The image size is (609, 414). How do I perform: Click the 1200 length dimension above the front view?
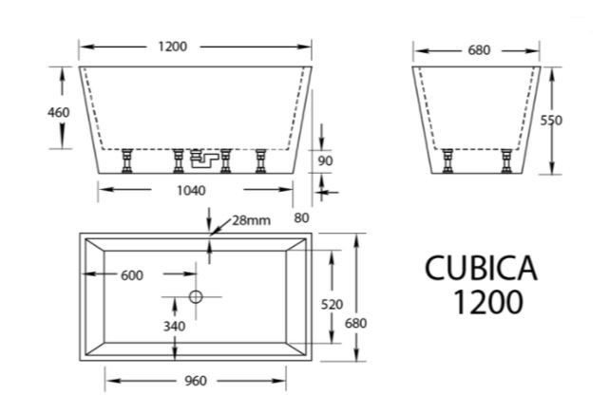(173, 47)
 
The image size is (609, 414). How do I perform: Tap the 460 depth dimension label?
(59, 113)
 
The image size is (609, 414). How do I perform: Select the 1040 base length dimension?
(191, 191)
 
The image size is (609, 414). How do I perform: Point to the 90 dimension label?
(325, 160)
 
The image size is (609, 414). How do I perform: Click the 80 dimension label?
(301, 218)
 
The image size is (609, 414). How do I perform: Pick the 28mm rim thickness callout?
(251, 221)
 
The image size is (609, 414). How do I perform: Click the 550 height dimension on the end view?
(551, 121)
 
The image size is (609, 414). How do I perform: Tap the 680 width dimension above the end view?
(479, 50)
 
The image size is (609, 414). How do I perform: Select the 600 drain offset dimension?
(132, 275)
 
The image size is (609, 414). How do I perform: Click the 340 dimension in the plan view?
(174, 327)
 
